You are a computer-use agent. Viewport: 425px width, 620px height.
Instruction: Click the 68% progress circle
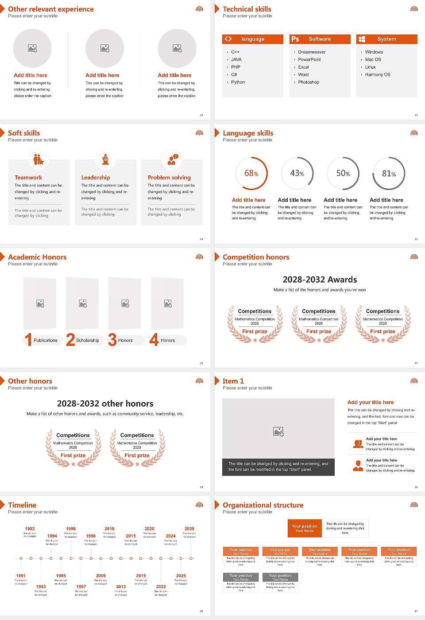[251, 173]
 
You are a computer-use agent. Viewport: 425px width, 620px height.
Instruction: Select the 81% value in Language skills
[389, 174]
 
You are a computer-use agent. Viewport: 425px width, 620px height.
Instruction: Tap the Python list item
[238, 82]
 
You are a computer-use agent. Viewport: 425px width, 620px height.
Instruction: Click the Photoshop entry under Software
[309, 82]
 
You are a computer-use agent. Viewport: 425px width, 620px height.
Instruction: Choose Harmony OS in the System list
[378, 75]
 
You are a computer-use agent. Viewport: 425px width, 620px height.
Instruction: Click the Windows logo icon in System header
[362, 39]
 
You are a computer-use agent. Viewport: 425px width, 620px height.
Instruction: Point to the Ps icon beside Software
[295, 39]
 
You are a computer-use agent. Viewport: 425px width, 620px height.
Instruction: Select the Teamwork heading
[28, 178]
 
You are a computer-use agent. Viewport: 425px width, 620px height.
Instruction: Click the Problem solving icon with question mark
[172, 159]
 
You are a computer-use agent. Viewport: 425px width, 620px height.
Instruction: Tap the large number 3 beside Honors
[112, 340]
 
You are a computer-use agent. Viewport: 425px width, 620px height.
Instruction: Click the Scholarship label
[87, 341]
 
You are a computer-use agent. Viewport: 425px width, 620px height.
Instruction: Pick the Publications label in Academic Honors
[46, 341]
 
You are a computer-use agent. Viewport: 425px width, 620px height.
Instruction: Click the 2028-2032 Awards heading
[320, 279]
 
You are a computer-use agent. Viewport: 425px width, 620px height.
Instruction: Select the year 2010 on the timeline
[109, 529]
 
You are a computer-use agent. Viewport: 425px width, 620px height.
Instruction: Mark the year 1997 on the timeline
[81, 587]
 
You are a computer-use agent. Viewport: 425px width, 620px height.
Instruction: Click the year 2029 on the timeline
[189, 529]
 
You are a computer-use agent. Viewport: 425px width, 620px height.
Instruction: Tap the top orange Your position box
[305, 528]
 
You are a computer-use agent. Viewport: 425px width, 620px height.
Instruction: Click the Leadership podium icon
[105, 159]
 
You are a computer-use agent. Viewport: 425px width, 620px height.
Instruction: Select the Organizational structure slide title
[263, 505]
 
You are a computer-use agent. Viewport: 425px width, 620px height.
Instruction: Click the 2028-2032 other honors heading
[105, 403]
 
